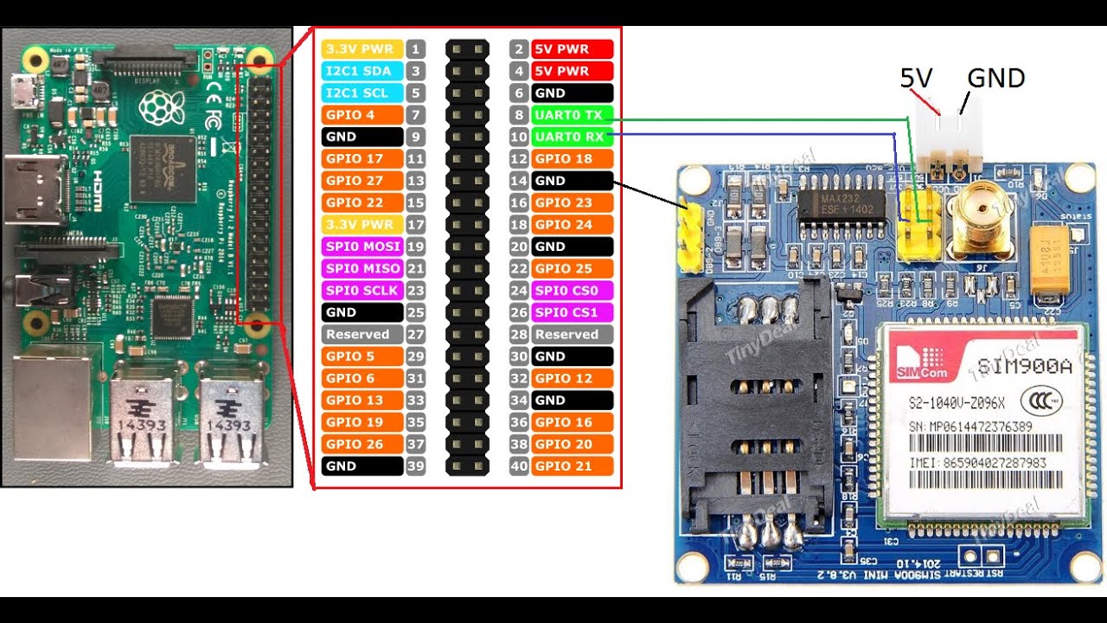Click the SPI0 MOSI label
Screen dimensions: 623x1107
pyautogui.click(x=362, y=247)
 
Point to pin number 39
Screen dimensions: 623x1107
pyautogui.click(x=416, y=466)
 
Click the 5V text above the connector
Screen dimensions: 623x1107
pyautogui.click(x=917, y=79)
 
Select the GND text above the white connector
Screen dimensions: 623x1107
pyautogui.click(x=995, y=79)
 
